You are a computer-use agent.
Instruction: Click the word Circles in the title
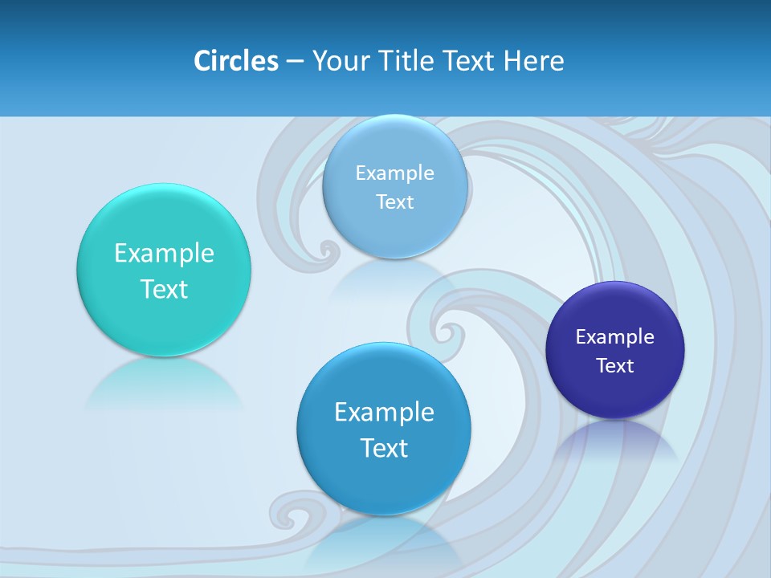point(236,61)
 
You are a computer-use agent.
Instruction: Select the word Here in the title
point(534,61)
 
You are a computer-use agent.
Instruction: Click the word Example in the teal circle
point(164,254)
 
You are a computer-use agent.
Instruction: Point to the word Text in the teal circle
point(164,289)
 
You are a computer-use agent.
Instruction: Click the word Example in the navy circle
point(615,337)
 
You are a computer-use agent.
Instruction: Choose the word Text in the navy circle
point(615,366)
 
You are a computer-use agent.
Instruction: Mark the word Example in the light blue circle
point(395,173)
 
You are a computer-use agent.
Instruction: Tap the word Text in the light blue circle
point(395,202)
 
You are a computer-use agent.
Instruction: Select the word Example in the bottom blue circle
point(384,413)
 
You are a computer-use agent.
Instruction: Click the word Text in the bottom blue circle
point(384,448)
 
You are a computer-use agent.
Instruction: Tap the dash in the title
point(295,61)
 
